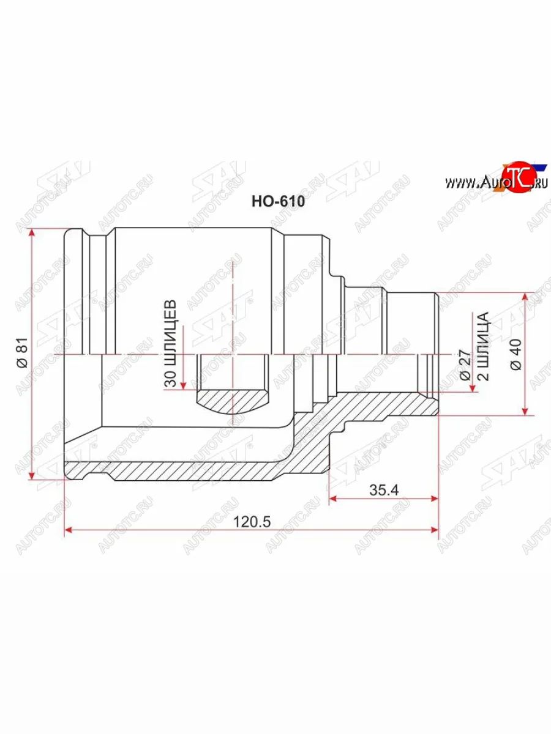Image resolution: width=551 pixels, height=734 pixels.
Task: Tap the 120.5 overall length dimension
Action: (x=252, y=522)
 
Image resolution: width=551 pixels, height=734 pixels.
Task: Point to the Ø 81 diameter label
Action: (x=23, y=355)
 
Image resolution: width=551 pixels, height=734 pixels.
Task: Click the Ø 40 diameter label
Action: (x=515, y=355)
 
